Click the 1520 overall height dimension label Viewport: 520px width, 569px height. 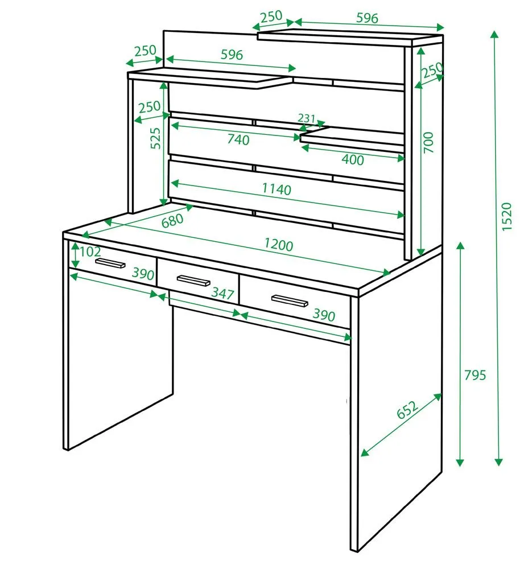coord(506,216)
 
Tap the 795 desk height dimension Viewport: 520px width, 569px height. coord(475,375)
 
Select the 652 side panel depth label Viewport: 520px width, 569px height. coord(407,410)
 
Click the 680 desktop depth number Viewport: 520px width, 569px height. coord(172,220)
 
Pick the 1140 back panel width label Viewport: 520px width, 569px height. coord(276,189)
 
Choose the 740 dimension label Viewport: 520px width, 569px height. coord(238,139)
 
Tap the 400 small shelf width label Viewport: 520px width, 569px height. coord(353,159)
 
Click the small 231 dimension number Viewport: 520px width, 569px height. coord(306,118)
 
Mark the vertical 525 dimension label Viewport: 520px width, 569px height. coord(155,138)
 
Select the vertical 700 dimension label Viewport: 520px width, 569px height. coord(428,142)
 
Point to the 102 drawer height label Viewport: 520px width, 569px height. coord(90,251)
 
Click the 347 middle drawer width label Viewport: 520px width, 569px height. coord(222,293)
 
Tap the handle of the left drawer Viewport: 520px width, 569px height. coord(110,263)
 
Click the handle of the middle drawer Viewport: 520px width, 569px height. coord(193,281)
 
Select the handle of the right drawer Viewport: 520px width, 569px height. coord(290,301)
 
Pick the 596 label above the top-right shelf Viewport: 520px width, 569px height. coord(367,18)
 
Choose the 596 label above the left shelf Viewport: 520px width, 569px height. coord(232,55)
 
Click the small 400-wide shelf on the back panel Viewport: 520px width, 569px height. coord(352,139)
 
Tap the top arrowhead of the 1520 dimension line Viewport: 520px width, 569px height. coord(494,35)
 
